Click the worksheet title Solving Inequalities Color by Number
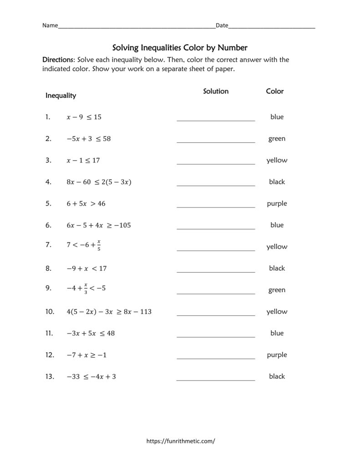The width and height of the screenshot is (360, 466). (180, 47)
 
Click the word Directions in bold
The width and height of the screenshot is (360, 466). (58, 60)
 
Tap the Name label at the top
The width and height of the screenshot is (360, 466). (50, 25)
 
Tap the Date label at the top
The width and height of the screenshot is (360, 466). (222, 25)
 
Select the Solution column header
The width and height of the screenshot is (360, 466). (216, 91)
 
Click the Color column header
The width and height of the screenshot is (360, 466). (274, 91)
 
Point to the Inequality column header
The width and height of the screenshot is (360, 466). (61, 96)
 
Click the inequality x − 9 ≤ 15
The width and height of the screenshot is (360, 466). (84, 117)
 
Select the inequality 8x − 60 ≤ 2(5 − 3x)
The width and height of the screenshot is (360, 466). (99, 182)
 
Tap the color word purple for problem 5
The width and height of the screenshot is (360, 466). (277, 203)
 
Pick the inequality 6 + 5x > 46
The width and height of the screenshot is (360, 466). (86, 203)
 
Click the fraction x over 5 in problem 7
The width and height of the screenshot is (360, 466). (99, 246)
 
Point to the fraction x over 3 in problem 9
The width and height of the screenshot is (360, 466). (85, 289)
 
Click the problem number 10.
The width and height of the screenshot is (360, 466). (50, 312)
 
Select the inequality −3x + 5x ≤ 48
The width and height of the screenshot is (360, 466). (90, 333)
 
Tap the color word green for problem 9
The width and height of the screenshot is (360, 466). (277, 290)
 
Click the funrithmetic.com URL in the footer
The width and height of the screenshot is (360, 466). (180, 441)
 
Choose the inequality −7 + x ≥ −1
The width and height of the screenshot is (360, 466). (86, 355)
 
